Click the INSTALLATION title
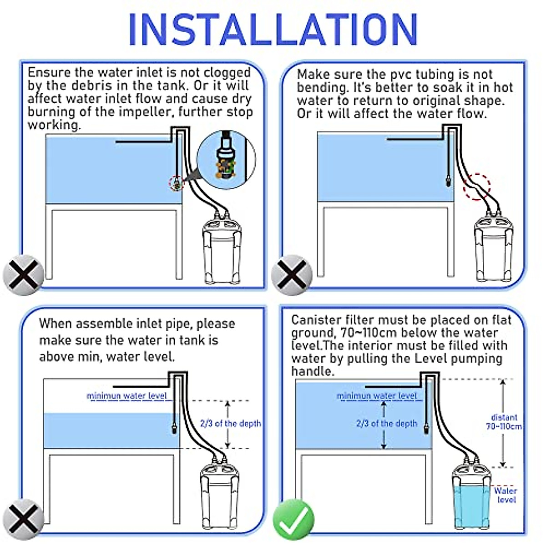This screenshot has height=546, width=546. [273, 29]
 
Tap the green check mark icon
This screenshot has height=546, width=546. [294, 520]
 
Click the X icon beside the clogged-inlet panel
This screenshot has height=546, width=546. [24, 275]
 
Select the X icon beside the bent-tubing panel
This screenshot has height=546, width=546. [292, 275]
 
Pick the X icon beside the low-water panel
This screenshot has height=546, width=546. [24, 520]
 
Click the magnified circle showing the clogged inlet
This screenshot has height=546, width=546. [226, 160]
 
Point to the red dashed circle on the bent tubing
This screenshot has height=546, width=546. [477, 187]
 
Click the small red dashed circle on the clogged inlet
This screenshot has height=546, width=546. [176, 183]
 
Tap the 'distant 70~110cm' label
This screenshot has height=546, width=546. [504, 422]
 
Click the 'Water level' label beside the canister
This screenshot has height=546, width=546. [506, 495]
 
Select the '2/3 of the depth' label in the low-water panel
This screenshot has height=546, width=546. [231, 424]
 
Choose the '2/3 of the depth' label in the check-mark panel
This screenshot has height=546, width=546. [387, 424]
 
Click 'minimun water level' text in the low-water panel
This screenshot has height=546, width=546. [126, 396]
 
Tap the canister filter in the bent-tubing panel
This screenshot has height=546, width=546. [494, 248]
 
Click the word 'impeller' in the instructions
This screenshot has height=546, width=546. [146, 112]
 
